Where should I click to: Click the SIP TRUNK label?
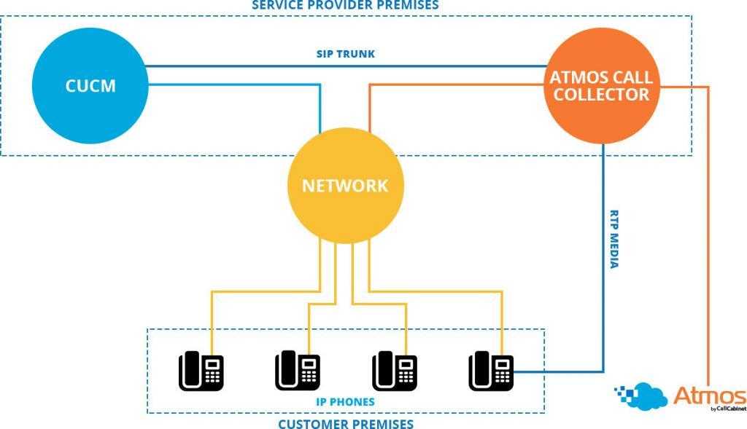[346, 54]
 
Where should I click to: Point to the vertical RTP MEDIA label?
[614, 240]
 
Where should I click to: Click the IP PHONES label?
[346, 402]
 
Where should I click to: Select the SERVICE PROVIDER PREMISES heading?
[346, 5]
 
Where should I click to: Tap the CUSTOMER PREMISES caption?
[346, 423]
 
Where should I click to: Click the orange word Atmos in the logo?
[709, 395]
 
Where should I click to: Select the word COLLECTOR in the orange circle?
[601, 95]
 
